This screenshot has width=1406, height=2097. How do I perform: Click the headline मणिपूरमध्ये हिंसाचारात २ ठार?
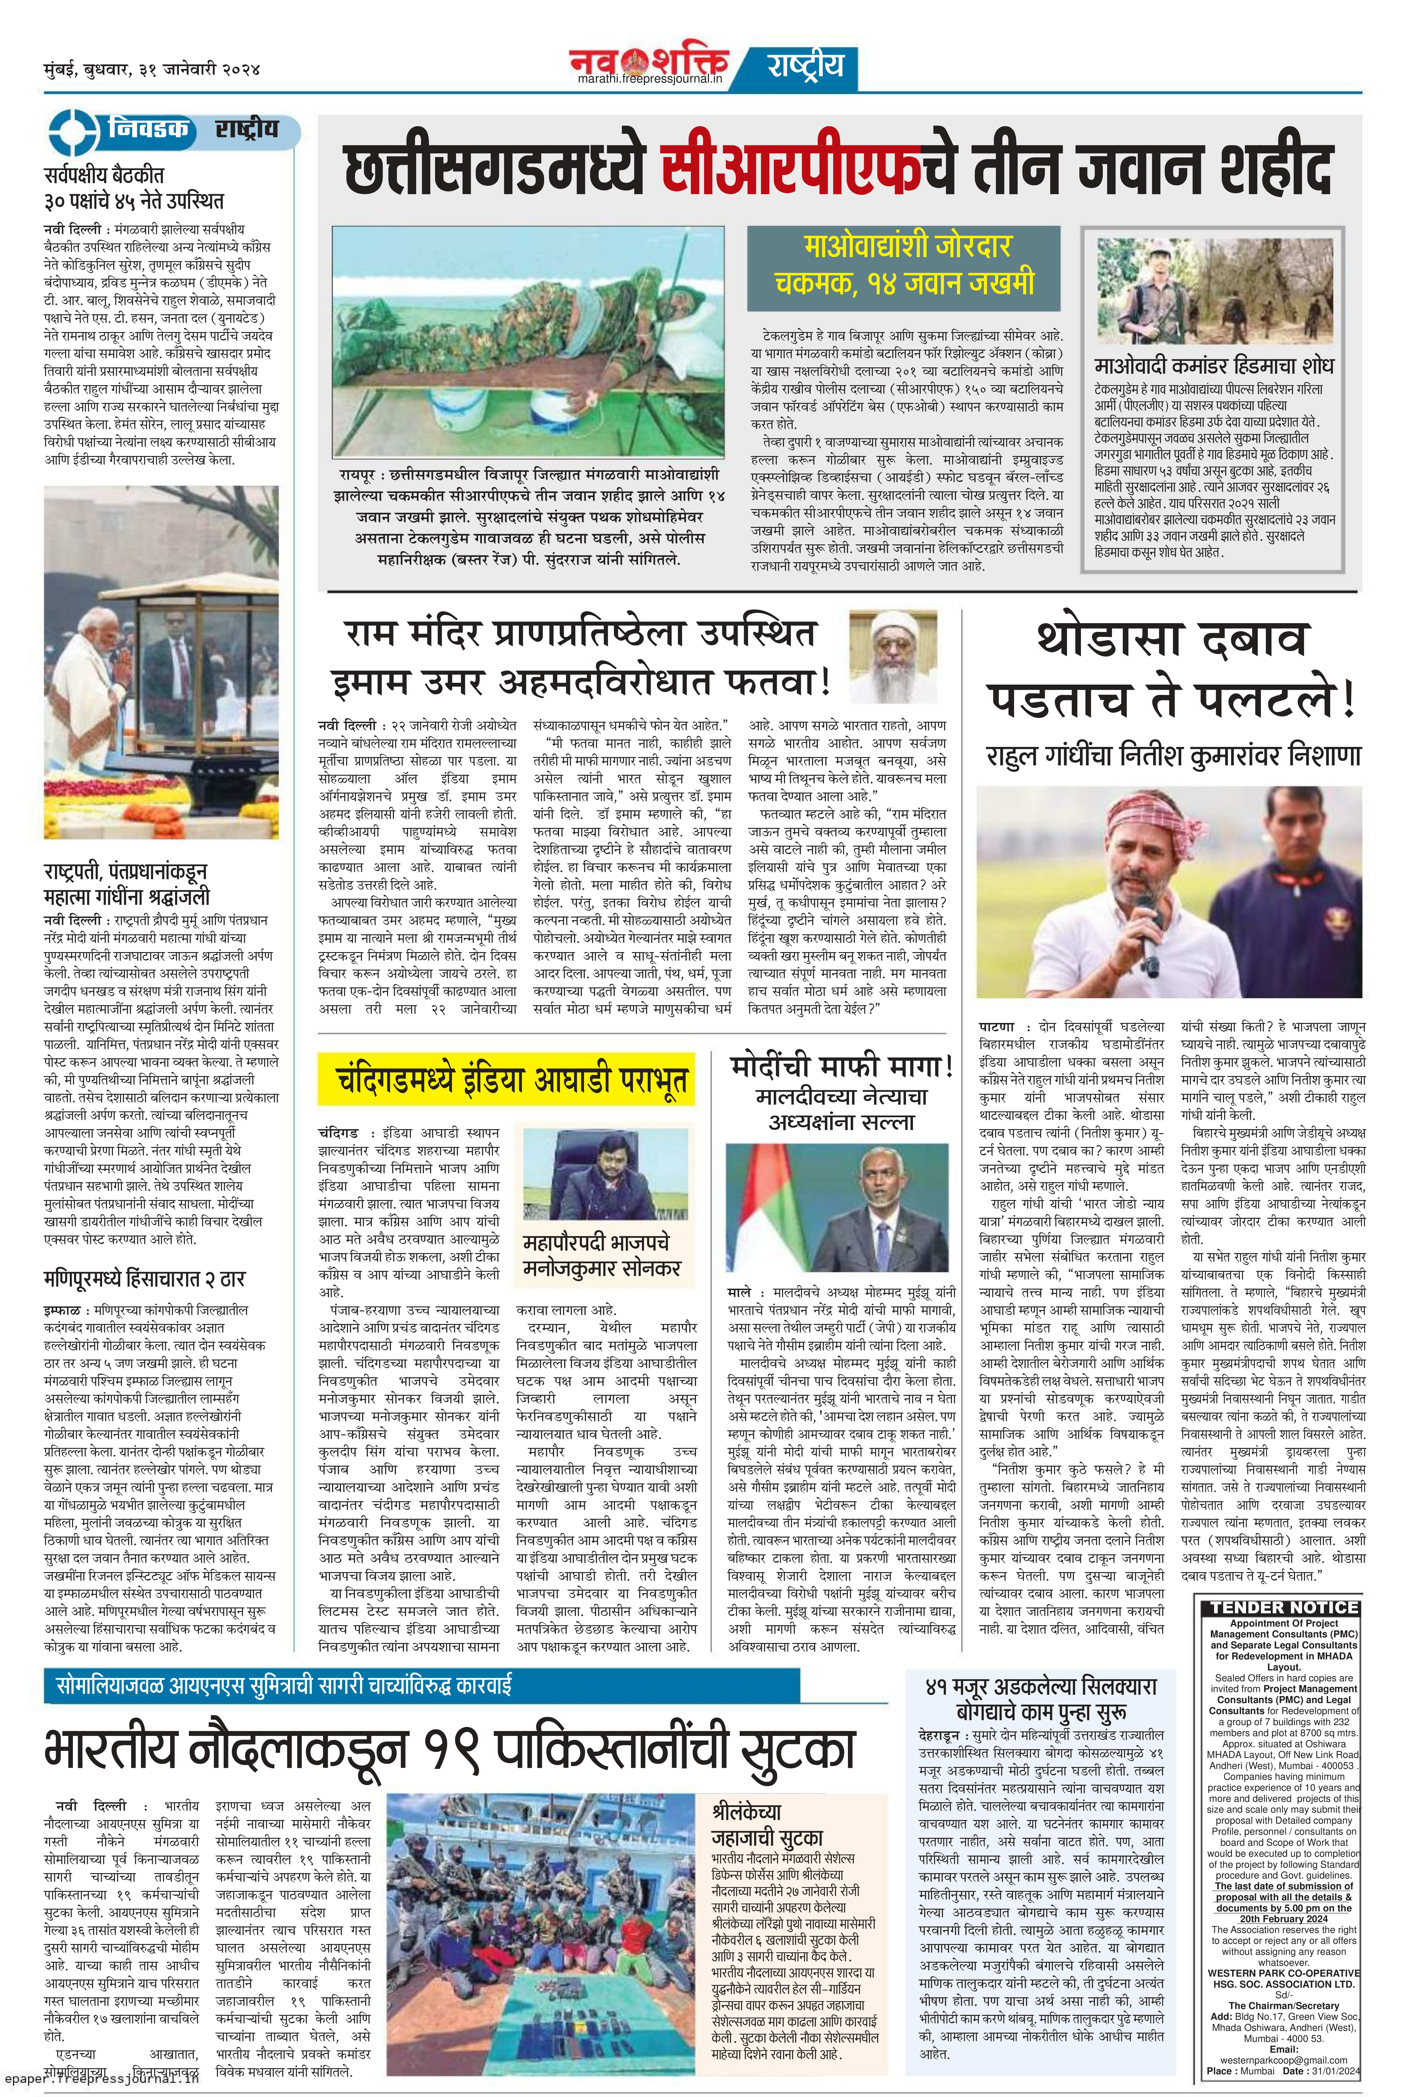point(144,1278)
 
